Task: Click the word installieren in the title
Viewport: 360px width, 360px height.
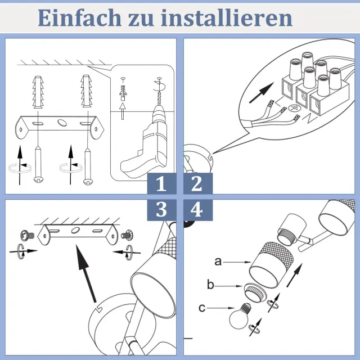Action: click(227, 18)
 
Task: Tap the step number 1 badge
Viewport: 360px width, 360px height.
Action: click(161, 184)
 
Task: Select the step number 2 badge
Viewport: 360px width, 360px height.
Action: click(198, 184)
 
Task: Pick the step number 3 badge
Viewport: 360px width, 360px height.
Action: click(161, 210)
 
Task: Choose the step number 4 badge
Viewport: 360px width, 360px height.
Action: click(198, 210)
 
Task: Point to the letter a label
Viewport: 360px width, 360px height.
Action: click(218, 262)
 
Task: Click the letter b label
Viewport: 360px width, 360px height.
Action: click(210, 285)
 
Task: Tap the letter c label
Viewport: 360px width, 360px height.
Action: click(202, 308)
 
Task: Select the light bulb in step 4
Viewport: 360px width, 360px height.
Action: click(240, 315)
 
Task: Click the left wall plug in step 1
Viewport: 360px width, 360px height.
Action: click(38, 92)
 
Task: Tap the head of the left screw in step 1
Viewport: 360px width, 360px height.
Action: click(39, 179)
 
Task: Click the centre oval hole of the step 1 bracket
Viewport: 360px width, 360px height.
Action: click(61, 122)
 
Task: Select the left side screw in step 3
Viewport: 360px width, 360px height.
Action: click(27, 235)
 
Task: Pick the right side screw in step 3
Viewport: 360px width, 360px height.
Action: click(127, 235)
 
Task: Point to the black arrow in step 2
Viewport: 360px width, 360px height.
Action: click(262, 93)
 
